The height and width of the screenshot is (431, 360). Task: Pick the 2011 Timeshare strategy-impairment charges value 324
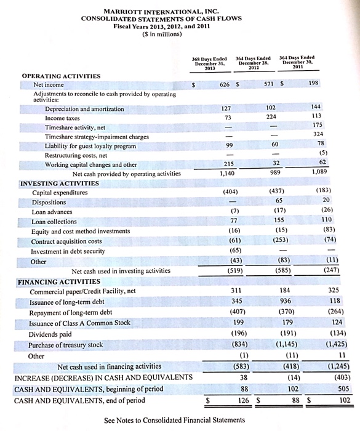pos(336,134)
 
